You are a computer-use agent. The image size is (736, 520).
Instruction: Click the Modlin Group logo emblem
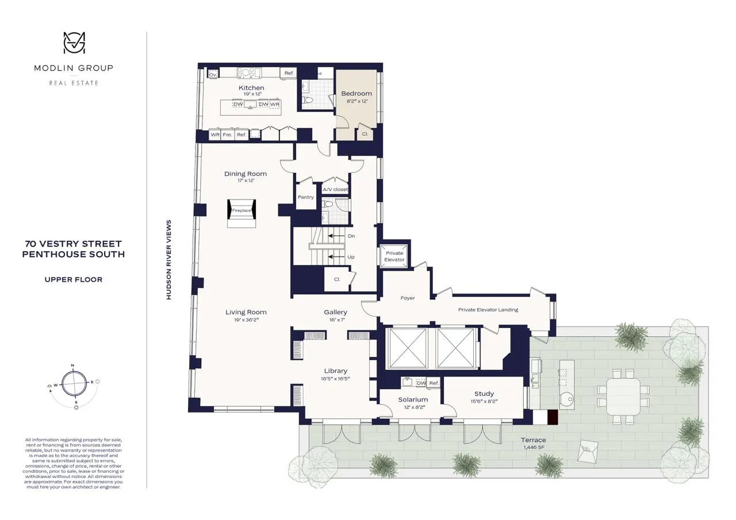[74, 44]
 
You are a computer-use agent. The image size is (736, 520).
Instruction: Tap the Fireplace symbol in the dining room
[241, 211]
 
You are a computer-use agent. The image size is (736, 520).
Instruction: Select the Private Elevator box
[394, 256]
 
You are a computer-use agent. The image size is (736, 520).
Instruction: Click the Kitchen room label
[251, 88]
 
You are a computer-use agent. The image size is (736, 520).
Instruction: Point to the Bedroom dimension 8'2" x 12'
[356, 101]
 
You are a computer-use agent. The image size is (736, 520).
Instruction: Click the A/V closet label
[335, 189]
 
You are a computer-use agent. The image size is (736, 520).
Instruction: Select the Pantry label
[306, 197]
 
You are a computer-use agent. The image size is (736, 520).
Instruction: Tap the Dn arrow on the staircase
[339, 236]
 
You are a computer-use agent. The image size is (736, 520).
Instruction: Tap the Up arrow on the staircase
[339, 257]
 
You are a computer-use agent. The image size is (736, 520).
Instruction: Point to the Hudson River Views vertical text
[168, 260]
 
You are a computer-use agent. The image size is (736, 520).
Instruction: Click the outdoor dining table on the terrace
[623, 396]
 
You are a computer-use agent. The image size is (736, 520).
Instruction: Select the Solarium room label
[413, 399]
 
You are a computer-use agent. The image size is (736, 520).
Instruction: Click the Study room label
[484, 394]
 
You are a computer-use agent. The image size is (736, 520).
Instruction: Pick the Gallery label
[335, 312]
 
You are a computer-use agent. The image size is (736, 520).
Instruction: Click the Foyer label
[408, 298]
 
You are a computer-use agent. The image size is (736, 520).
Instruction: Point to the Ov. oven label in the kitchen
[212, 75]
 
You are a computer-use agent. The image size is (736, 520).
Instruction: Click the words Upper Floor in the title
[74, 280]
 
